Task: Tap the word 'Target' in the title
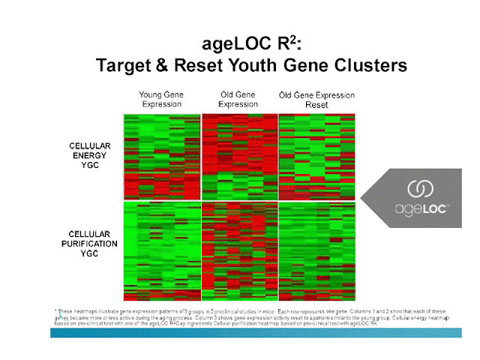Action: (x=123, y=66)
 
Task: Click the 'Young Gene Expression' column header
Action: (x=161, y=100)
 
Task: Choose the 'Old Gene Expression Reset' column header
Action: (x=316, y=100)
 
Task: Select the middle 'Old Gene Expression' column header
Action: (x=238, y=100)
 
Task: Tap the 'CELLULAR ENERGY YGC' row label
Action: (x=89, y=155)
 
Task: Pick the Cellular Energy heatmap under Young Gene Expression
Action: (x=161, y=156)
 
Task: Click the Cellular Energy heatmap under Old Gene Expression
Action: (x=238, y=156)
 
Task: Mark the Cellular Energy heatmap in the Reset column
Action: (x=316, y=156)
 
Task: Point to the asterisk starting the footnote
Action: (x=56, y=310)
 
